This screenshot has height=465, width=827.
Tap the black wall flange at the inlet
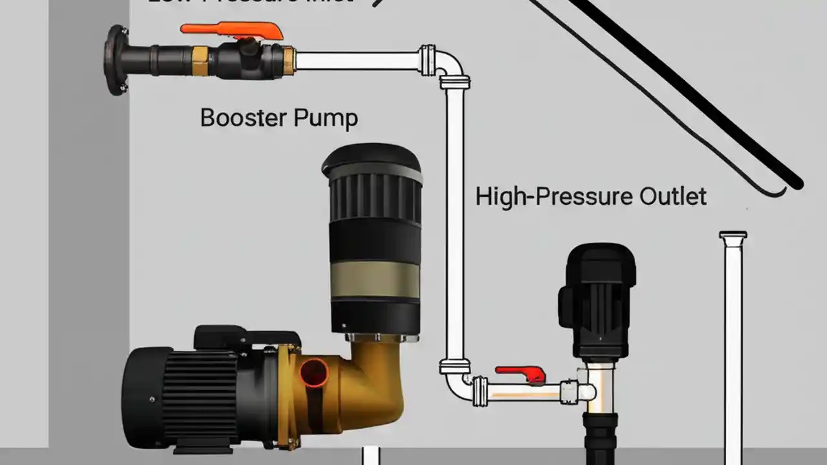116,60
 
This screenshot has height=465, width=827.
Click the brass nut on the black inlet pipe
199,60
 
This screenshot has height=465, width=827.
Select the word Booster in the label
243,118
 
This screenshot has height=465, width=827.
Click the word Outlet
673,196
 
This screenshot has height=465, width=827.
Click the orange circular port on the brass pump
314,373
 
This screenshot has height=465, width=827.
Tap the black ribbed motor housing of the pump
187,394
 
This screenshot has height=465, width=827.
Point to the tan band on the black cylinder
375,279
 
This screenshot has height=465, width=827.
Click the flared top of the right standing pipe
733,238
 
